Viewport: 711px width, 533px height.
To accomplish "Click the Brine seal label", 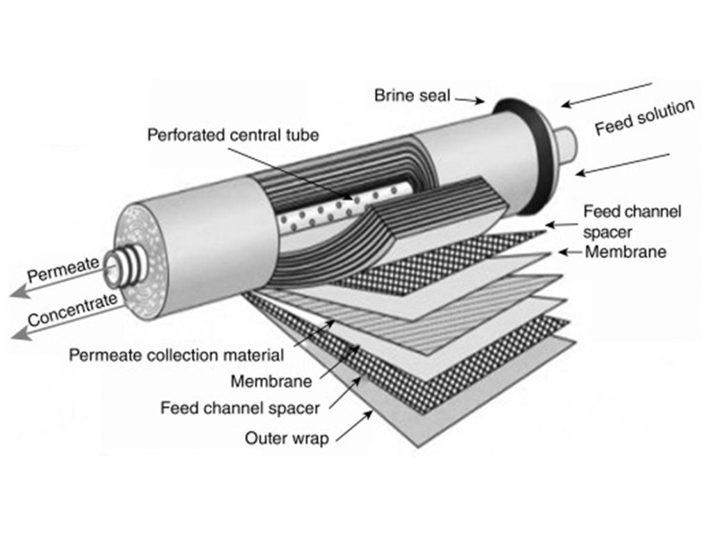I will coord(413,95).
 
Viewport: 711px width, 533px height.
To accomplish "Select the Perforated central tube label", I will coord(233,134).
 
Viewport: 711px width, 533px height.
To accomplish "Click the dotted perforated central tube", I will coord(326,212).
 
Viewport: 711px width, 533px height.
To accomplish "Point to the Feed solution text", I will coord(644,117).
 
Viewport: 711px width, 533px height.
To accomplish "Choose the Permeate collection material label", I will coord(176,355).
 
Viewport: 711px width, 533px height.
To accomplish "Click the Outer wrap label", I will coord(287,438).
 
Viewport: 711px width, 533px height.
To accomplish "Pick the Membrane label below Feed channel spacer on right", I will coord(625,252).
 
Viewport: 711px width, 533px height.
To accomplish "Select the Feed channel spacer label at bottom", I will coord(240,407).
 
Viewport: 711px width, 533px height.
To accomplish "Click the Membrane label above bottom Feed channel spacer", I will coord(271,381).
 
